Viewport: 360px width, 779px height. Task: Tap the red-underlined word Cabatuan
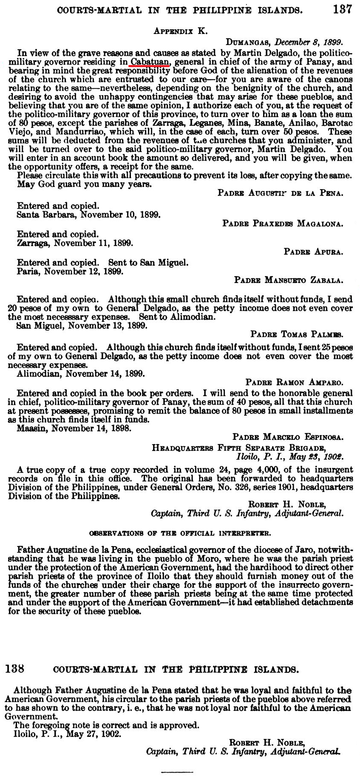tap(150, 62)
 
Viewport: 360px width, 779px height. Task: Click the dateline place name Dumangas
tap(249, 42)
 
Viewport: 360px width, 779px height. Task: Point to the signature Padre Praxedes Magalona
tap(283, 224)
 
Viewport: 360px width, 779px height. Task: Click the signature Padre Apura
tap(313, 252)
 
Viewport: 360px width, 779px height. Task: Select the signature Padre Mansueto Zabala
tap(289, 280)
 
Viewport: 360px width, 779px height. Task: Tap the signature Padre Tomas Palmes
tap(297, 334)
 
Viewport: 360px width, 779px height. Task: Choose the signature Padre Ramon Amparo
tap(295, 382)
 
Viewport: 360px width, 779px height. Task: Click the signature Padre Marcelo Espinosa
tap(288, 437)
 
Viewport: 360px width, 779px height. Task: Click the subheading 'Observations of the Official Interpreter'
tap(180, 533)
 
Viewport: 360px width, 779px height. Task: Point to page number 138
tap(14, 669)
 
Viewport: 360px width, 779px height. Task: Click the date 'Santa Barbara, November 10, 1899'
tap(88, 215)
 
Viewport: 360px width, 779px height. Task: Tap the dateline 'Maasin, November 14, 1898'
tap(74, 428)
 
